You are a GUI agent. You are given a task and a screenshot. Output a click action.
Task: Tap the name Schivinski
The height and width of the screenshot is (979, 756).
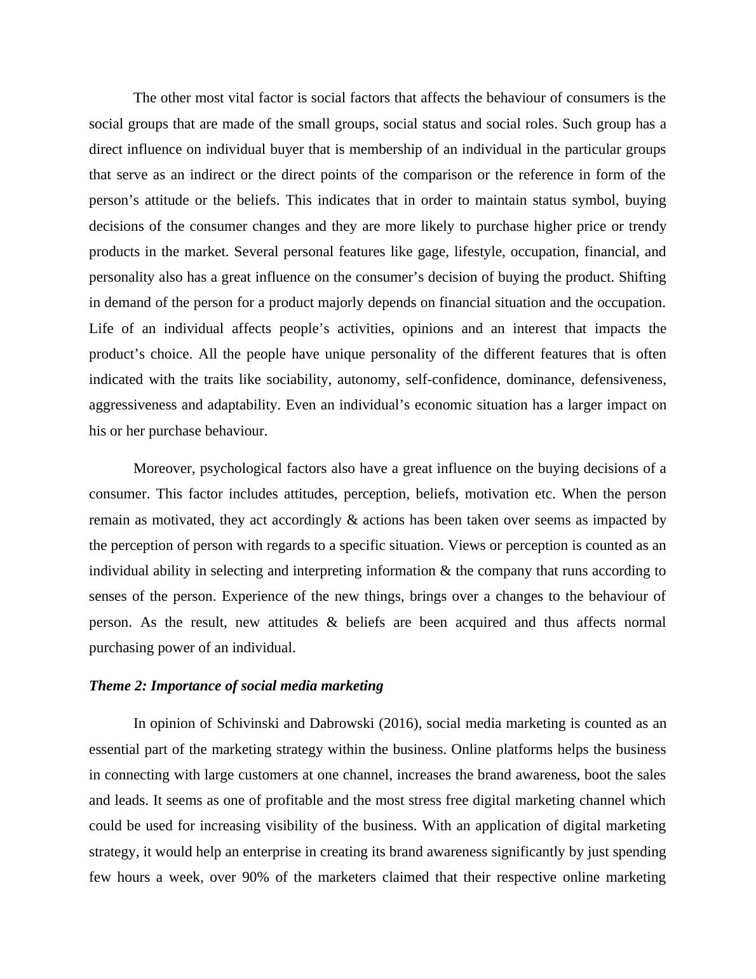pyautogui.click(x=245, y=723)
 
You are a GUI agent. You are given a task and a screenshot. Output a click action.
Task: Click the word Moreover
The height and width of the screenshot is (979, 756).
pyautogui.click(x=164, y=469)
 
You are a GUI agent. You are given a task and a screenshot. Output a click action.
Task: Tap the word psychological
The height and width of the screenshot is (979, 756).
pyautogui.click(x=241, y=469)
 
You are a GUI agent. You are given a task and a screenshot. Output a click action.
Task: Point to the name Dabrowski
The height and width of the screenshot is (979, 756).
pyautogui.click(x=341, y=723)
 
